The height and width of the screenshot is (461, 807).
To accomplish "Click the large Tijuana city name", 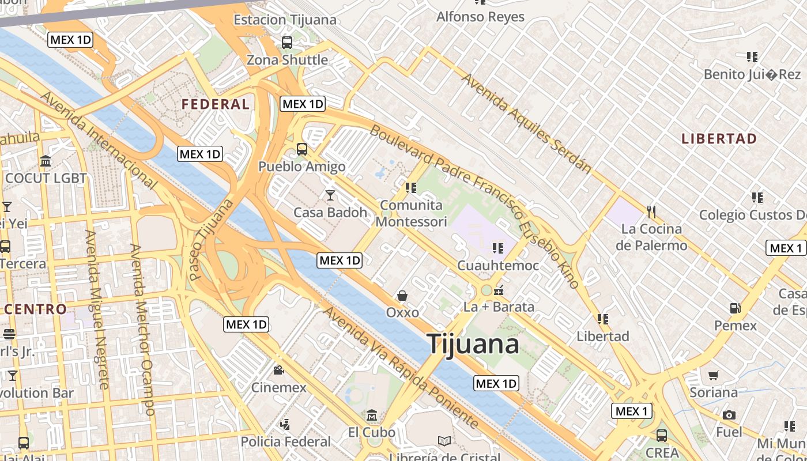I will pos(473,344).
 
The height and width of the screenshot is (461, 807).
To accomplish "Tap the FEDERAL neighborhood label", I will pos(216,104).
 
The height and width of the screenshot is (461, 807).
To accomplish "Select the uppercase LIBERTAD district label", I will pos(719,139).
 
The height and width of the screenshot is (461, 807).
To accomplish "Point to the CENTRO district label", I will pos(36,309).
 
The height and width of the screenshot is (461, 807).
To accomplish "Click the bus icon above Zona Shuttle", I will pos(286,42).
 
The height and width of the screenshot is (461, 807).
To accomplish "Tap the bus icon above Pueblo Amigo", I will pos(301,149).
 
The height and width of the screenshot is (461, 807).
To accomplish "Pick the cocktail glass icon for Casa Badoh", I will pos(330,195).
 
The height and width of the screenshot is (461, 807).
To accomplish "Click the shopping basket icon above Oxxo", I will pos(402,296).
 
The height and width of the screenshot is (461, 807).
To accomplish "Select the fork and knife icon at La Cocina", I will pos(651,212).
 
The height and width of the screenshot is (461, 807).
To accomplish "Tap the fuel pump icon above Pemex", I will pos(735,308).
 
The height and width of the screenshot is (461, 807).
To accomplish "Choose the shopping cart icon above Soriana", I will pos(713,376).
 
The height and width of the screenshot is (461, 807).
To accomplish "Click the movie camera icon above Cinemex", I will pos(278,370).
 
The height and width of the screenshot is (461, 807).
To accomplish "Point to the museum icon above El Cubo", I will pos(372,415).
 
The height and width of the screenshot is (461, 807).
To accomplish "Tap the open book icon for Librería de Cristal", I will pos(444,441).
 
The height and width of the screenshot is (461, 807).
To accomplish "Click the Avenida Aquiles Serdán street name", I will pos(526,123).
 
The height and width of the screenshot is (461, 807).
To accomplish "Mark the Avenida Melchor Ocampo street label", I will pos(142,329).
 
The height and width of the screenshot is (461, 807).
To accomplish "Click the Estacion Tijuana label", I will pos(285,20).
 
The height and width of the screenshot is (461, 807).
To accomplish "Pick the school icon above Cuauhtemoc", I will pos(497,248).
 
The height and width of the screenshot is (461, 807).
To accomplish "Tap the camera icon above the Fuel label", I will pos(729,415).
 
